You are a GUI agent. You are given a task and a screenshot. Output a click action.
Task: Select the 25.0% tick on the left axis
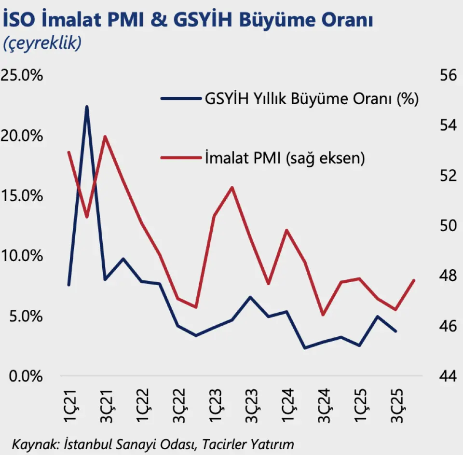click(23, 76)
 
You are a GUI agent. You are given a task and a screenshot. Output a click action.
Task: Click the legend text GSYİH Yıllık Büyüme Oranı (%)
click(312, 99)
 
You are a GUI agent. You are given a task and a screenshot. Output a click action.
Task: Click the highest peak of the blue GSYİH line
click(87, 107)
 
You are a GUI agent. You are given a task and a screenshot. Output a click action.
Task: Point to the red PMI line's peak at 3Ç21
click(105, 137)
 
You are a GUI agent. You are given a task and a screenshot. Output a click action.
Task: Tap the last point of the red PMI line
click(414, 280)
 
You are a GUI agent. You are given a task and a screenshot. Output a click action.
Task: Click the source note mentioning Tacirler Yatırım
click(153, 443)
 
